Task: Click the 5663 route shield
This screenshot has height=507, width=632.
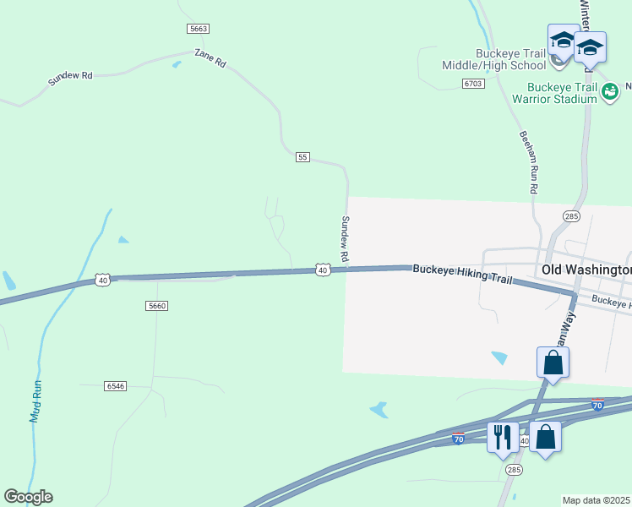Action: tap(199, 29)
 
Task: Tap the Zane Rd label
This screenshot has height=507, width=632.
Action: tap(210, 57)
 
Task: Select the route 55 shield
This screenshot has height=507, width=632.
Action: tap(303, 157)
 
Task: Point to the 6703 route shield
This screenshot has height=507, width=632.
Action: tap(473, 84)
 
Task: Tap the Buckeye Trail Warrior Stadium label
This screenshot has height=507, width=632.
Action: tap(562, 93)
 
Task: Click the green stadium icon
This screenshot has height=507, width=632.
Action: tap(610, 92)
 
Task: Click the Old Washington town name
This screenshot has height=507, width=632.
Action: tap(585, 270)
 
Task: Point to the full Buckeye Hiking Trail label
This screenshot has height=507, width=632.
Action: tap(463, 268)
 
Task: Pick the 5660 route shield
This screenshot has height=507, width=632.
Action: tap(156, 306)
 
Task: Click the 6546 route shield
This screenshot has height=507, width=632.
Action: tap(116, 385)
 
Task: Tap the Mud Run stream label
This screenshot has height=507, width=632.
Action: tap(35, 401)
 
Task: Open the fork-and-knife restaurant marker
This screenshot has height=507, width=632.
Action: tap(503, 438)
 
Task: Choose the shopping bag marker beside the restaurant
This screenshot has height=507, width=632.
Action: tap(545, 438)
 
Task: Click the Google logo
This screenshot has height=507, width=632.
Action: tap(28, 497)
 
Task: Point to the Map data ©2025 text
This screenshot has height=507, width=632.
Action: tap(597, 500)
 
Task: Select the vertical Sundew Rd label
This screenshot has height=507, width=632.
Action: tap(345, 237)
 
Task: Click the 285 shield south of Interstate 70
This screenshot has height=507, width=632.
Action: tap(513, 469)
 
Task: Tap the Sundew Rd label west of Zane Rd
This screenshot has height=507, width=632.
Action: tap(70, 76)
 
